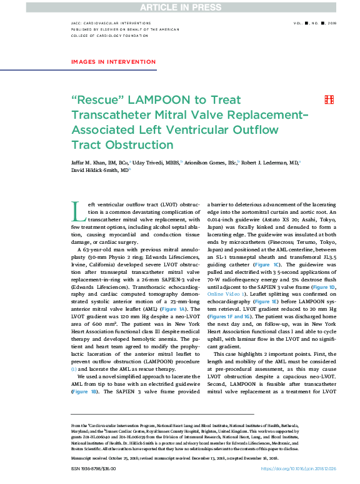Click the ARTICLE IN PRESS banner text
pos(180,7)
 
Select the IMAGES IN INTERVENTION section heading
pos(106,61)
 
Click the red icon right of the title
pos(328,100)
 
